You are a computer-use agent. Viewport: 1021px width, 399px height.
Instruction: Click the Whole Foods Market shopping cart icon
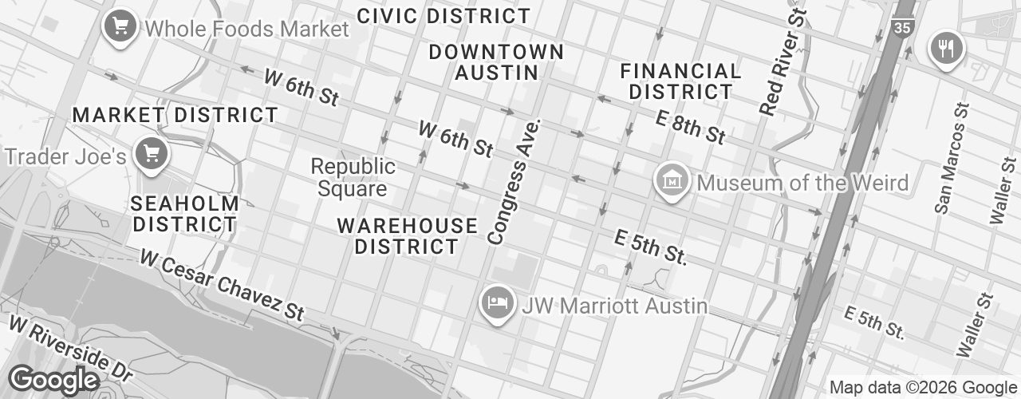(x=120, y=27)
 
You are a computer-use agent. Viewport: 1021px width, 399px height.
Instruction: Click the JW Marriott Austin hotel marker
(x=496, y=304)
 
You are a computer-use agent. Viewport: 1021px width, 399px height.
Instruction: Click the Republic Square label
(x=353, y=177)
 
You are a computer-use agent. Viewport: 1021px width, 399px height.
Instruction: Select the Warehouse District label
(x=407, y=235)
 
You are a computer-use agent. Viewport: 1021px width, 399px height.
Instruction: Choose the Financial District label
(x=680, y=81)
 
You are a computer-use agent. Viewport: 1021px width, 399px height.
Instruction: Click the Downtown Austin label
(x=496, y=62)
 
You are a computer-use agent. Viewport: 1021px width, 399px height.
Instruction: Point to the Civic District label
(x=443, y=15)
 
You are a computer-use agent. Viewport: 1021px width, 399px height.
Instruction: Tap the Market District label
(x=175, y=115)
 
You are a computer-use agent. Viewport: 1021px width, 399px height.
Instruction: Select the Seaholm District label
(x=185, y=213)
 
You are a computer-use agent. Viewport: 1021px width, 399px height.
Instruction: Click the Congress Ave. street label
(x=515, y=182)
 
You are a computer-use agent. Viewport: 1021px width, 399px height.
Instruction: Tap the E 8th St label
(x=691, y=127)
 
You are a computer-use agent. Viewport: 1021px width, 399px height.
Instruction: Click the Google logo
(x=53, y=381)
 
